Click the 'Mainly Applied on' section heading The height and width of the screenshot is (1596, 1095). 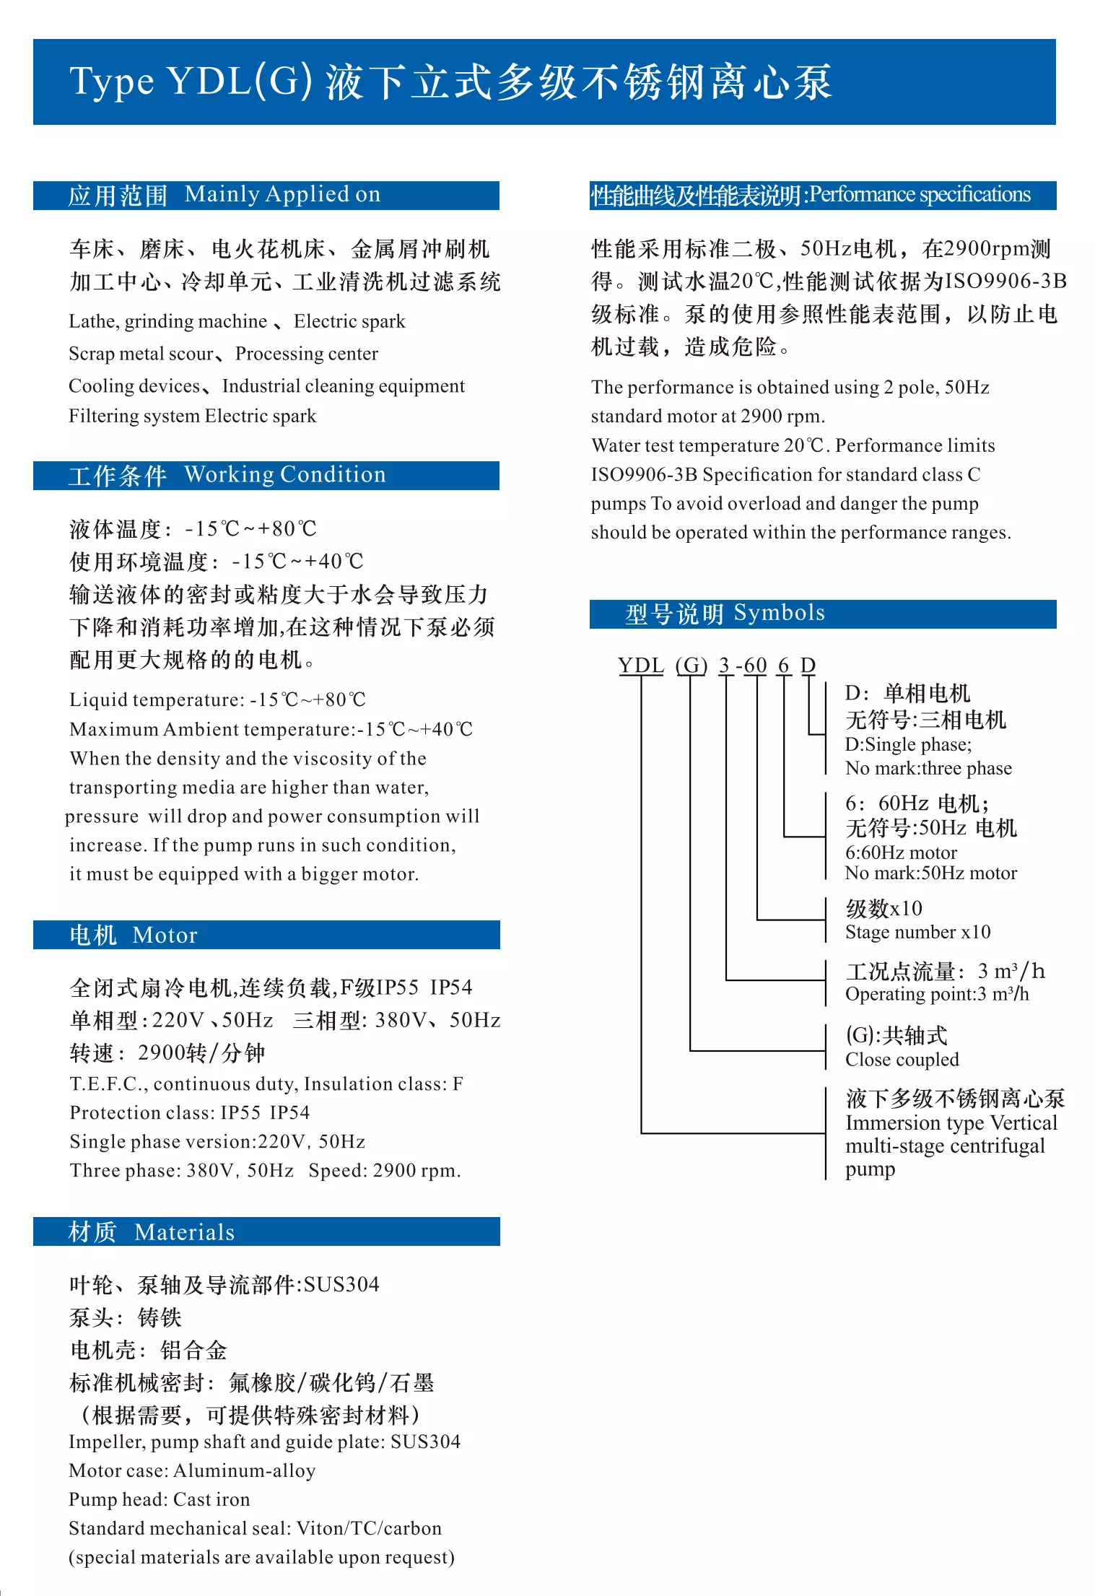[x=282, y=195]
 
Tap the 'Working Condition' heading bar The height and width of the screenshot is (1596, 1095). [x=284, y=475]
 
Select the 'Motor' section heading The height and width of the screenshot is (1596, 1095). [x=165, y=936]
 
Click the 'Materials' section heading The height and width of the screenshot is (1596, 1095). [x=184, y=1232]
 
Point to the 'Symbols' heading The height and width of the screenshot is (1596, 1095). [x=779, y=614]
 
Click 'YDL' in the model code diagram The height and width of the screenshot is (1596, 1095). [x=640, y=665]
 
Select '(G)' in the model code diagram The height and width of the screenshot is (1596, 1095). [x=691, y=665]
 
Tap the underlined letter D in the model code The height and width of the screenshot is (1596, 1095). [x=808, y=665]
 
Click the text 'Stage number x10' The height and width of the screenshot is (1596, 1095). [x=917, y=932]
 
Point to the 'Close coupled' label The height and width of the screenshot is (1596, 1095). [x=902, y=1060]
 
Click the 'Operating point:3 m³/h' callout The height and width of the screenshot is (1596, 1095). [x=937, y=995]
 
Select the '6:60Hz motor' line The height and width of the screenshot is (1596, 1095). [x=901, y=852]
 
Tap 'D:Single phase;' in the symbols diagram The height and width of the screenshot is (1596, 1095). [x=908, y=745]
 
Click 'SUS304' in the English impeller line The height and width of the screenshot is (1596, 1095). [x=425, y=1442]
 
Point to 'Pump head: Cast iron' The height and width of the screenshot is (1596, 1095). [x=159, y=1500]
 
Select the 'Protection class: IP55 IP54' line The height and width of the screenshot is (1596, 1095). [x=189, y=1113]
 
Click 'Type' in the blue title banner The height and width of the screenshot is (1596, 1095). [x=112, y=82]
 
